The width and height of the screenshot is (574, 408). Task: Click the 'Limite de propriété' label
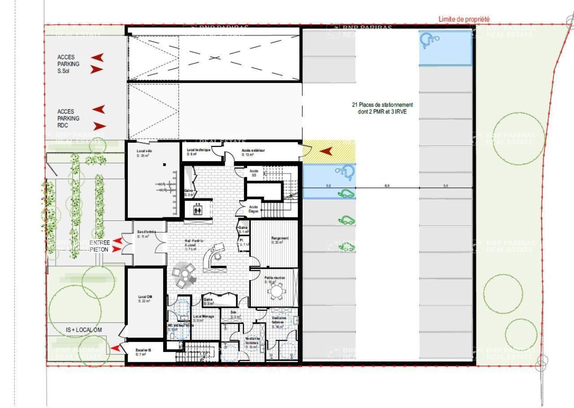(x=464, y=19)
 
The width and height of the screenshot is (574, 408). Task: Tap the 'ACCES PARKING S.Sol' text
(x=68, y=64)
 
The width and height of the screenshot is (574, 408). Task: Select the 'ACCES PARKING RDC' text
(x=68, y=118)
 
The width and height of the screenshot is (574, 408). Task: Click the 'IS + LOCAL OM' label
(x=84, y=330)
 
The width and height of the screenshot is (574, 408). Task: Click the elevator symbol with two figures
(x=197, y=210)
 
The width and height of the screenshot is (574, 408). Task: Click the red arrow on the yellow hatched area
(x=326, y=152)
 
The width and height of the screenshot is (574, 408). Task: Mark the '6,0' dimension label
(x=387, y=185)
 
